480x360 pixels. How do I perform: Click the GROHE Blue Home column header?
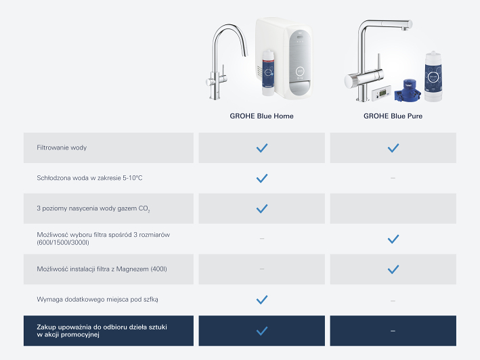click(261, 116)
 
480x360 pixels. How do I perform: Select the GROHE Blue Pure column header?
click(393, 116)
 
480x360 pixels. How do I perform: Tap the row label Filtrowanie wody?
click(62, 148)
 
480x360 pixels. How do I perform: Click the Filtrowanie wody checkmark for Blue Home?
click(262, 148)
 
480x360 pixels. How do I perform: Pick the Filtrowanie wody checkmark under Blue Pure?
click(393, 148)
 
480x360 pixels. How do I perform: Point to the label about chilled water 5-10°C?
click(89, 178)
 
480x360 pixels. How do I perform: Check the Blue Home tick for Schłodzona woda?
click(262, 179)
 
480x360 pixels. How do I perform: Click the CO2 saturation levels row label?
click(93, 208)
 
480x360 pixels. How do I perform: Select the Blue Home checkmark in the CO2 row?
click(262, 208)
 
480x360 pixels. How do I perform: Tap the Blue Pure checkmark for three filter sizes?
click(393, 239)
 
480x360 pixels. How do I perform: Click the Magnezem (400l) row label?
click(102, 269)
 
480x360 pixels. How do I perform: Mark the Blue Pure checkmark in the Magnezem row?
click(393, 269)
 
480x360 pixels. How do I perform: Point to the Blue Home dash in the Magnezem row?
click(262, 269)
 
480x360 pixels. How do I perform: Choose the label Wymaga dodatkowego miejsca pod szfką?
click(97, 300)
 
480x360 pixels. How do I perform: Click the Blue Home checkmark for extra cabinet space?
click(262, 300)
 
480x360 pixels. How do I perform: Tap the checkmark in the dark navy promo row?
click(262, 331)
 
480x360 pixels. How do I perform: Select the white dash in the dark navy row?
click(393, 331)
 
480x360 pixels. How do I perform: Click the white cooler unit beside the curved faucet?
click(285, 58)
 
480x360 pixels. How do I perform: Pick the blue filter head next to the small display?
click(408, 91)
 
